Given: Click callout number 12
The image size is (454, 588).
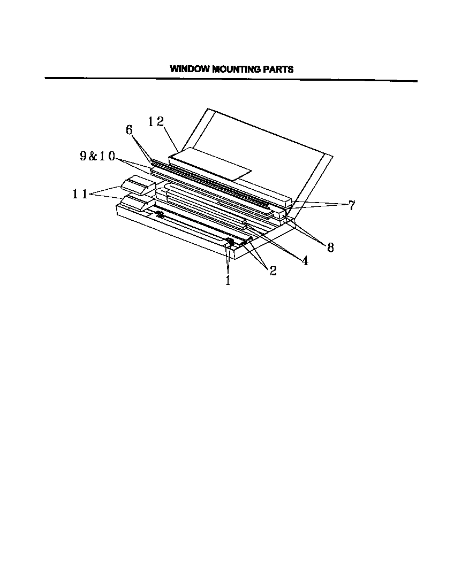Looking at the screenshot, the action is tap(156, 122).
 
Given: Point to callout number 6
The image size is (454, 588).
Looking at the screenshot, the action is tap(129, 130).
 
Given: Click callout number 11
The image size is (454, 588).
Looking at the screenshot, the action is tap(80, 194).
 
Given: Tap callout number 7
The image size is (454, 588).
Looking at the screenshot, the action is tap(352, 206).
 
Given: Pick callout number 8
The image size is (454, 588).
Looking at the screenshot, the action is tap(330, 247).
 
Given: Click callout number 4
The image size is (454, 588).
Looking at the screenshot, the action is tap(305, 261).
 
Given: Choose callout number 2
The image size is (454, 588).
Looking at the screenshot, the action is tap(273, 271).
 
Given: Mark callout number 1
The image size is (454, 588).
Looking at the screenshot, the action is tap(228, 280).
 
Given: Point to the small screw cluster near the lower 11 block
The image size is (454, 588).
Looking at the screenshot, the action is tap(159, 214).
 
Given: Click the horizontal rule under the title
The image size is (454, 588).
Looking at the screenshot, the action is tap(230, 80).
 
